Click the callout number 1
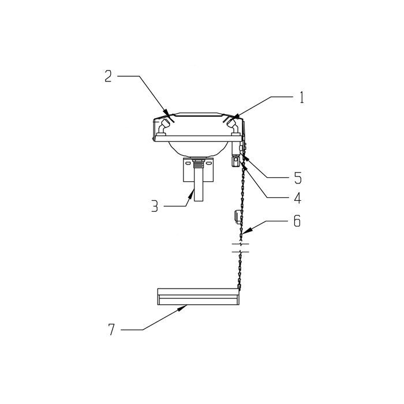301,98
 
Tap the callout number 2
109,76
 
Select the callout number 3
155,207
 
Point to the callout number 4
298,198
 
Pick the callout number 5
298,178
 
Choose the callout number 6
297,221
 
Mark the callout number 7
111,330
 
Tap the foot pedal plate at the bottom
198,297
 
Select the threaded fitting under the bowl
199,163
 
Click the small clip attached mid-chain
237,216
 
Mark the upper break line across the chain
240,244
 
